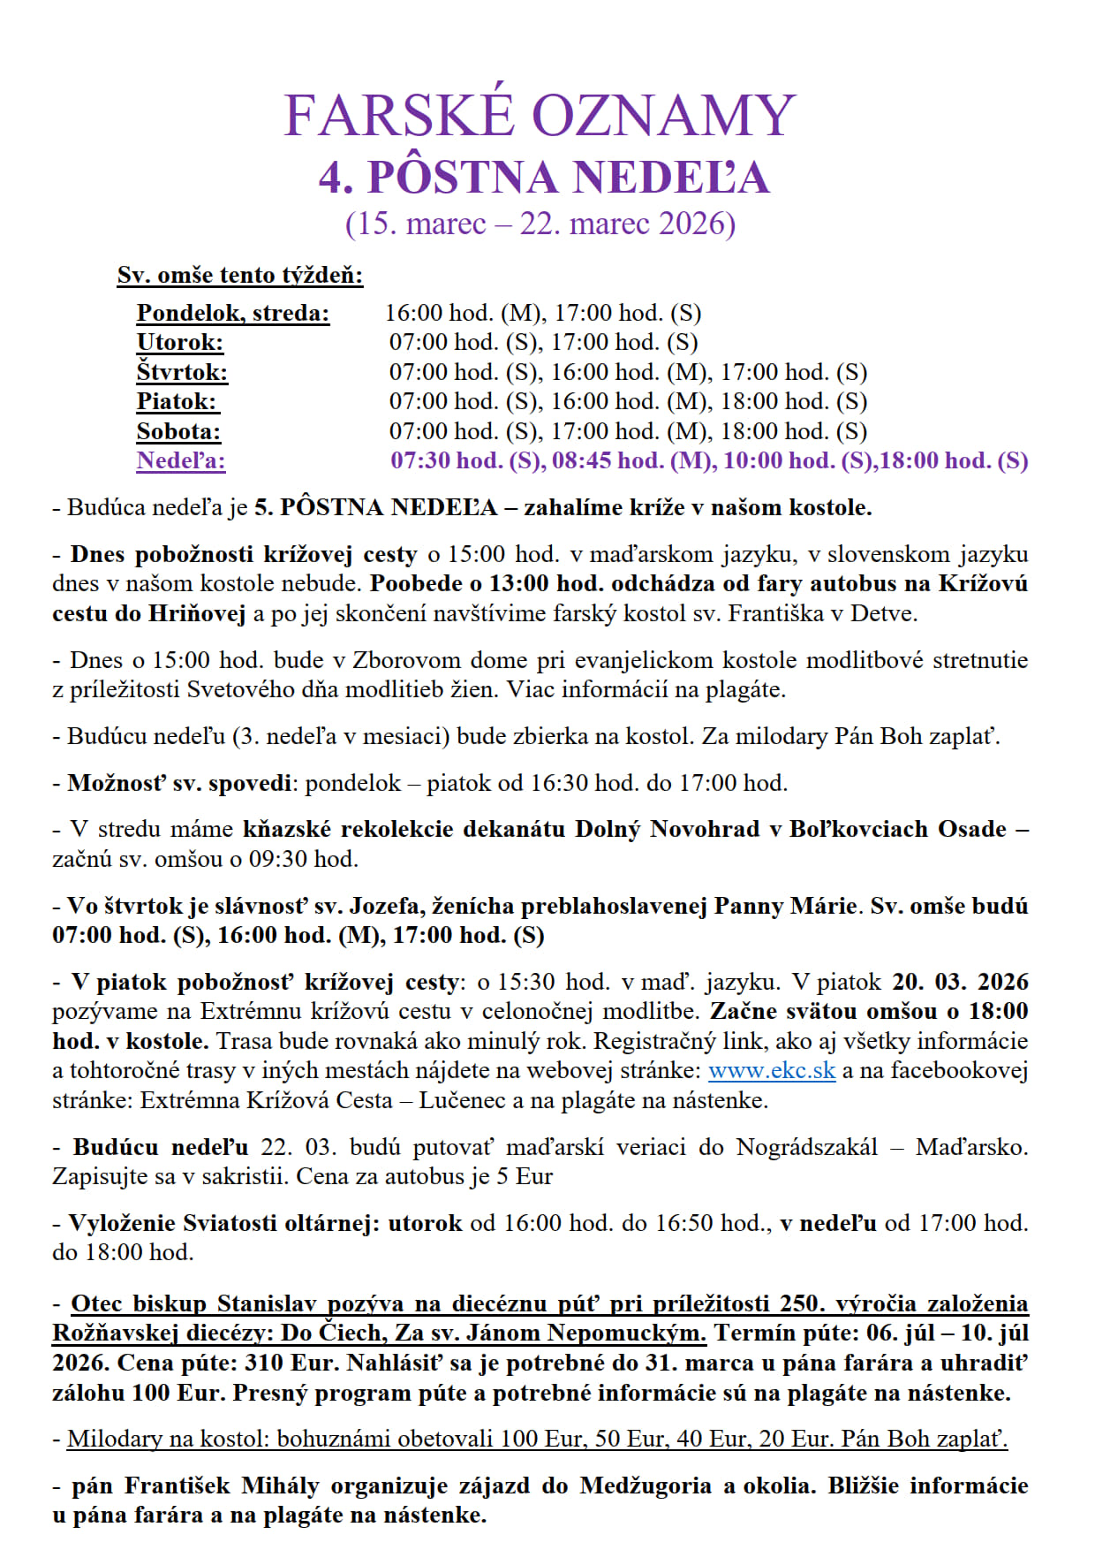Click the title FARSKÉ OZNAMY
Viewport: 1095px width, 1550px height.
coord(540,116)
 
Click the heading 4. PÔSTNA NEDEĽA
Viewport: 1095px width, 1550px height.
coord(544,178)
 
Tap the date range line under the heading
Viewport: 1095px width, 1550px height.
coord(540,224)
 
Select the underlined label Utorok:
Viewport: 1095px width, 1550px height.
coord(179,342)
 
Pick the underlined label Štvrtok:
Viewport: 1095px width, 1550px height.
coord(182,372)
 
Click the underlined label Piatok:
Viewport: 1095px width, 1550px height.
coord(177,401)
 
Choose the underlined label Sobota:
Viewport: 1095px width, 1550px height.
coord(178,431)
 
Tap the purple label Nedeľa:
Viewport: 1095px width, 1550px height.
coord(181,460)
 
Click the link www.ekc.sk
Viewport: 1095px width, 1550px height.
coord(771,1070)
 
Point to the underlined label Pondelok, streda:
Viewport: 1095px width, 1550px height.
coord(233,313)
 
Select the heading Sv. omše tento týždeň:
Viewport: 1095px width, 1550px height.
coord(240,275)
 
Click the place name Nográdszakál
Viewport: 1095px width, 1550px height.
coord(807,1147)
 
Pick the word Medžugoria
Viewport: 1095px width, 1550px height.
coord(645,1485)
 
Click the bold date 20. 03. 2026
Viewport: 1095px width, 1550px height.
coord(960,982)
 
